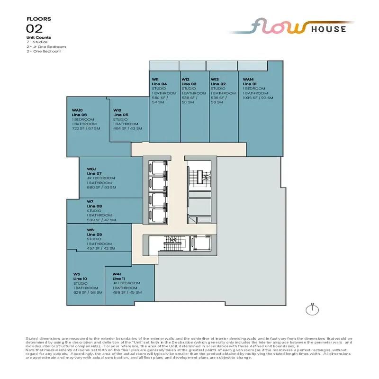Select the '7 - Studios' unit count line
[37, 42]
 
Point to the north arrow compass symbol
[312, 310]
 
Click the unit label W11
[155, 79]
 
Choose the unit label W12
[185, 79]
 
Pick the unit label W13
[215, 79]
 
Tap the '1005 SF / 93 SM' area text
[258, 98]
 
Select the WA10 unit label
[78, 110]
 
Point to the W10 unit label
[117, 110]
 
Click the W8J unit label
[92, 169]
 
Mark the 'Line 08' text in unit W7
[94, 206]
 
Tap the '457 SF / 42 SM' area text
[102, 248]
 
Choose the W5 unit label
[76, 274]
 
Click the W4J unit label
[117, 274]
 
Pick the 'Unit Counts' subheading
[39, 37]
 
